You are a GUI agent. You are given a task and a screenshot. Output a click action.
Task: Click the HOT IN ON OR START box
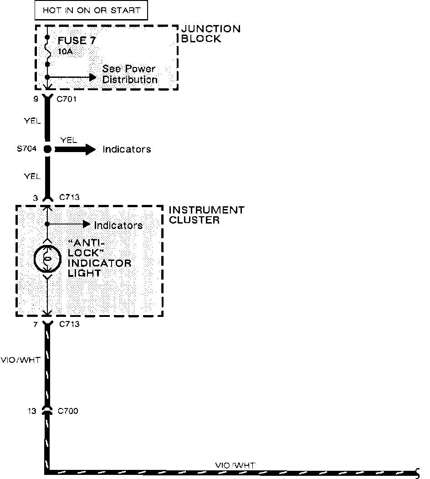click(92, 10)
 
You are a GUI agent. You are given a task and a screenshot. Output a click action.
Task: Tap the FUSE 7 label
click(77, 41)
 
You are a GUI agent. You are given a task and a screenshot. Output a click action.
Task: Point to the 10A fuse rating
click(65, 51)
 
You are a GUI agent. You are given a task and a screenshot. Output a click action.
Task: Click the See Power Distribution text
click(129, 74)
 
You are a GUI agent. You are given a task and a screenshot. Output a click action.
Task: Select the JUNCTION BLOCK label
click(211, 34)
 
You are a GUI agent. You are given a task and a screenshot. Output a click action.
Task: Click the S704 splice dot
click(47, 149)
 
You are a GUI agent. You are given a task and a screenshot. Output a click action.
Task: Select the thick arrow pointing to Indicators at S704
click(76, 149)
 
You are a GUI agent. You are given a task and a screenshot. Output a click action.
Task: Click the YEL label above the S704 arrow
click(68, 140)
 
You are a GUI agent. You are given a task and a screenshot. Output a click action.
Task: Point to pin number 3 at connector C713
click(36, 198)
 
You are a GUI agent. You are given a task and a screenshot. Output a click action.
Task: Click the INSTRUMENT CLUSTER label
click(206, 215)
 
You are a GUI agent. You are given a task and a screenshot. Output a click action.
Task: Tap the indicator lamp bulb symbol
click(47, 259)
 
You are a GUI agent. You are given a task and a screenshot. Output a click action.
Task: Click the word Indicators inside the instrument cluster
click(118, 225)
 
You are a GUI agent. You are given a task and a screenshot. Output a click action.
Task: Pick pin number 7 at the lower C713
click(36, 324)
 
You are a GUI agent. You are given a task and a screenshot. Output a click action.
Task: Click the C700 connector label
click(68, 411)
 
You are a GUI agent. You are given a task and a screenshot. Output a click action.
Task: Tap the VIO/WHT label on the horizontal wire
click(235, 465)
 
